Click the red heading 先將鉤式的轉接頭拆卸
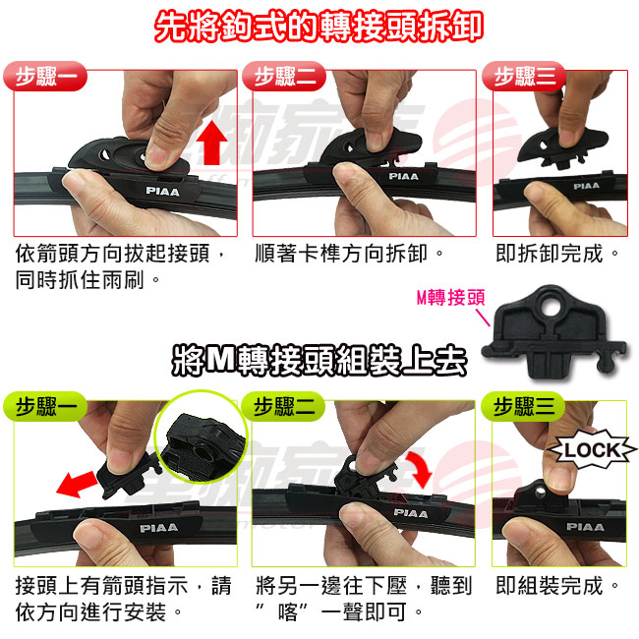coord(319,27)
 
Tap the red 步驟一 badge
coord(45,77)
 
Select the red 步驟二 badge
coord(284,77)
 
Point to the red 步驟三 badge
coord(524,77)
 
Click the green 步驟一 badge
coord(45,406)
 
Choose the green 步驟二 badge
coord(283,406)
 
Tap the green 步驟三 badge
coord(523,406)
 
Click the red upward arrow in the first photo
coord(211,142)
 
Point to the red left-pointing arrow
coord(77,484)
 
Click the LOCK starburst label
coord(593,450)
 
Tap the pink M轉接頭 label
coord(450,298)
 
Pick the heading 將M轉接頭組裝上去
coord(319,360)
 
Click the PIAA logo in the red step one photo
coord(162,191)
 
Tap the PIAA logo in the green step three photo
coord(585,527)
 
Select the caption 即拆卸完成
coord(556,253)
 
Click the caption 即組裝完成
coord(556,586)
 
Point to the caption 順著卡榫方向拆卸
coord(349,253)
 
